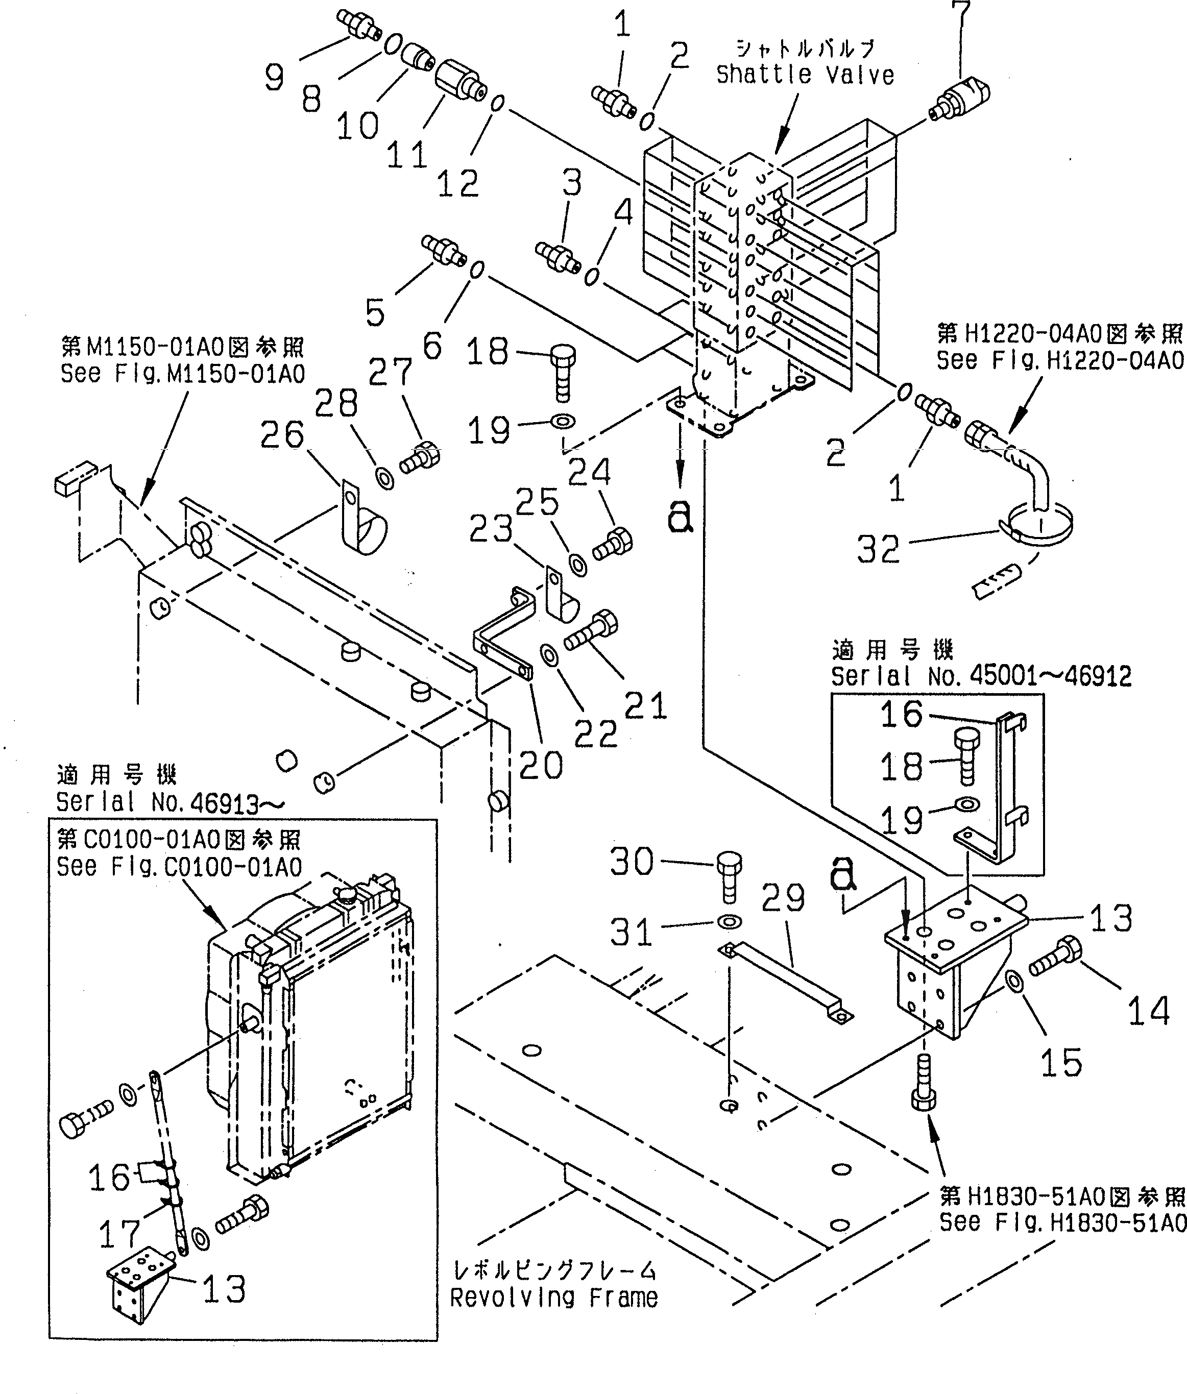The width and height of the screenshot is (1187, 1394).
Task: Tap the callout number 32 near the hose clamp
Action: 878,550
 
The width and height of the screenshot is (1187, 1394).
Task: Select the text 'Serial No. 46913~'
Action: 170,802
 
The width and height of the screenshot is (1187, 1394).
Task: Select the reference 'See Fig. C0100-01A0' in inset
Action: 179,867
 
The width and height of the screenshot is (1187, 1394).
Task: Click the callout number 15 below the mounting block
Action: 1061,1064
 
